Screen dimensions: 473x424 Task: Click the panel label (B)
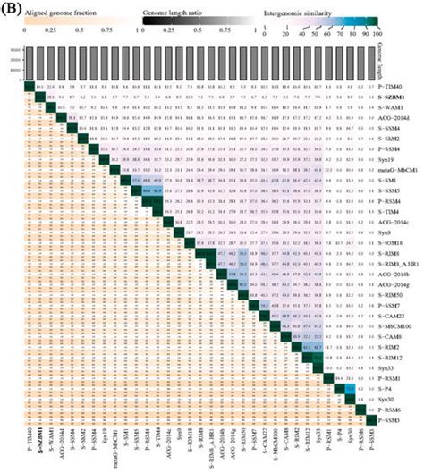[12, 7]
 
